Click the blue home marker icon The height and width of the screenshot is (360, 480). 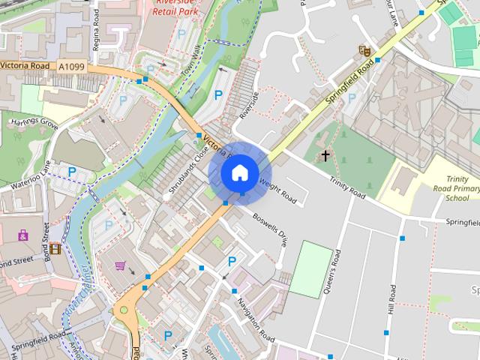(x=239, y=172)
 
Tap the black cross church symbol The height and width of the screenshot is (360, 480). (x=325, y=156)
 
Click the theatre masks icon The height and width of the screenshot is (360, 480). (x=364, y=51)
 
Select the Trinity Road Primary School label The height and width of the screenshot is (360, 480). (x=457, y=188)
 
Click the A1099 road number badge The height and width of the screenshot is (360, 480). (x=72, y=67)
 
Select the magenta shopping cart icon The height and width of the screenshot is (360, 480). (x=120, y=265)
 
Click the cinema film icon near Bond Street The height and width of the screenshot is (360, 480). (x=55, y=248)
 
